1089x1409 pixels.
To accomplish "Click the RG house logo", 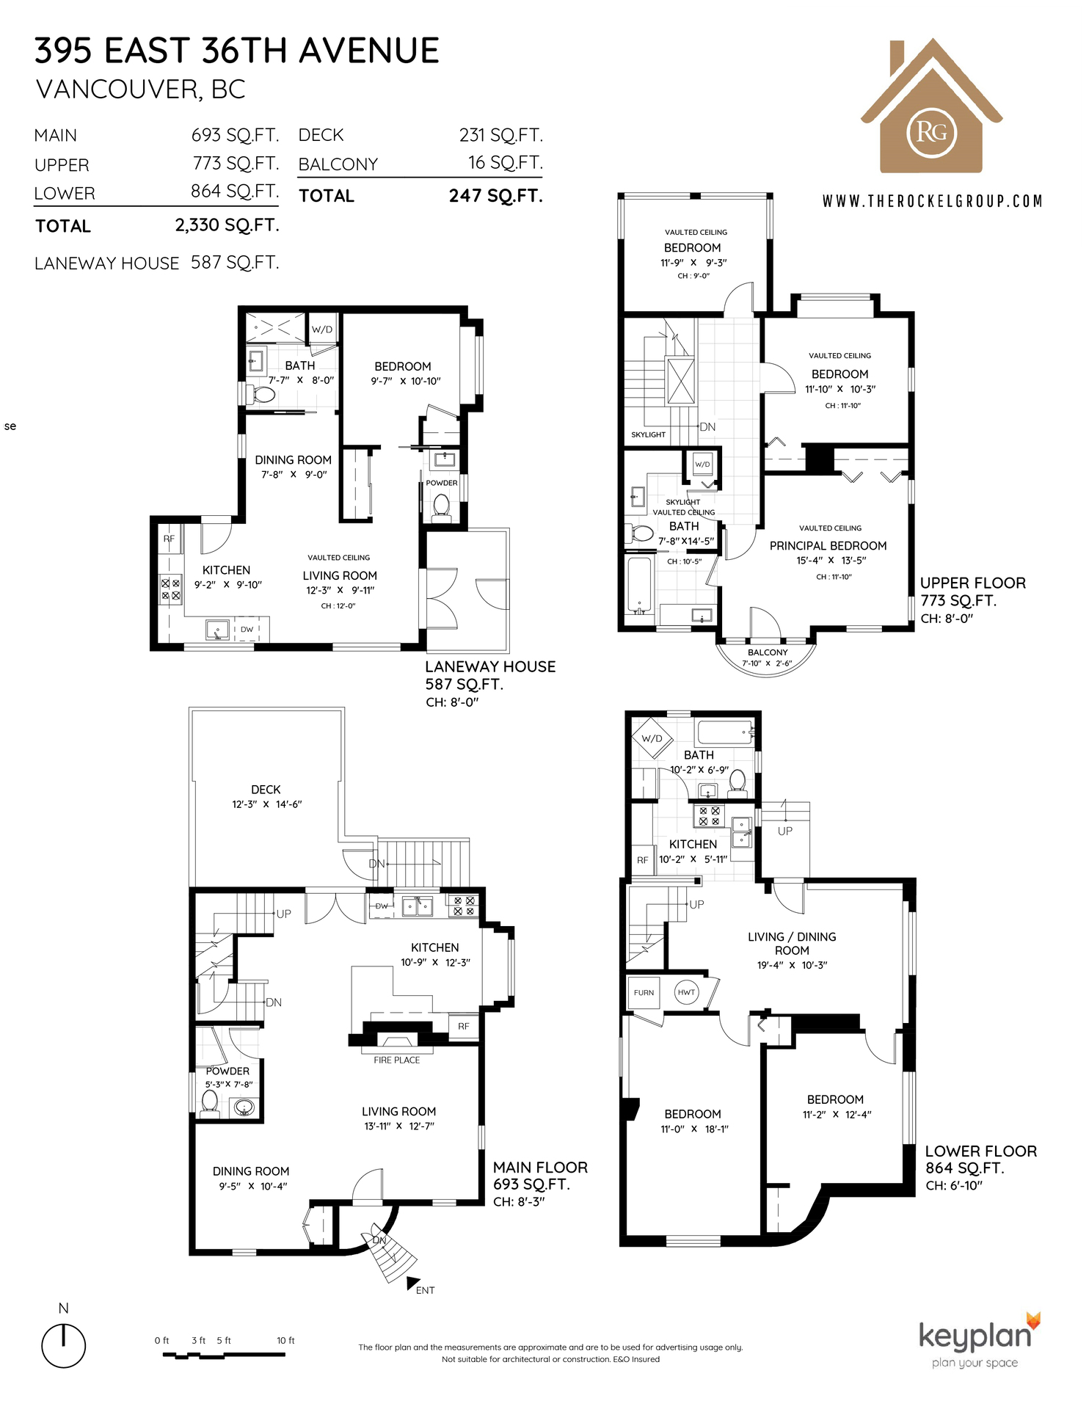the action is pos(931,106).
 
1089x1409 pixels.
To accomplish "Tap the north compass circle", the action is pos(64,1346).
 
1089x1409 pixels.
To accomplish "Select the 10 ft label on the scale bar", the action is pos(285,1340).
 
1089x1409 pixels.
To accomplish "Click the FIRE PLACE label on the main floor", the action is pos(396,1060).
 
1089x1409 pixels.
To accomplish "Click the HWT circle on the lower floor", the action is pos(686,992).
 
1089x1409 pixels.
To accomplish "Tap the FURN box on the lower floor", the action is pos(644,993).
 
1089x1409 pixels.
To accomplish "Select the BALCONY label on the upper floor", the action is pos(768,652).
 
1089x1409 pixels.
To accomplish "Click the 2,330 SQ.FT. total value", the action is pos(227,225).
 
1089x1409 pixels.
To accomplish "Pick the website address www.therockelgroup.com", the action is pos(932,201).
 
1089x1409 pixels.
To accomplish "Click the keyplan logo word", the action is pos(975,1336).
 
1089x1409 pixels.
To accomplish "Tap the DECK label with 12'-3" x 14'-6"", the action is pos(266,790).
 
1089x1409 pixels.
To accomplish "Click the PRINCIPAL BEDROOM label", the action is pos(828,546).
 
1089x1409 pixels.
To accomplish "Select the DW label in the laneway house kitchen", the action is pos(247,630).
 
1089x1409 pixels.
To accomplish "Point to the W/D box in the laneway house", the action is pos(322,330).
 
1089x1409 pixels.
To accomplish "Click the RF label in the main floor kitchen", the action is pos(464,1026).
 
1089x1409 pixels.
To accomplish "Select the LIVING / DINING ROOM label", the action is pos(792,944).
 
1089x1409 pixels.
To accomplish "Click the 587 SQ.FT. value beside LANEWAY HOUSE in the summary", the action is pos(235,263).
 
